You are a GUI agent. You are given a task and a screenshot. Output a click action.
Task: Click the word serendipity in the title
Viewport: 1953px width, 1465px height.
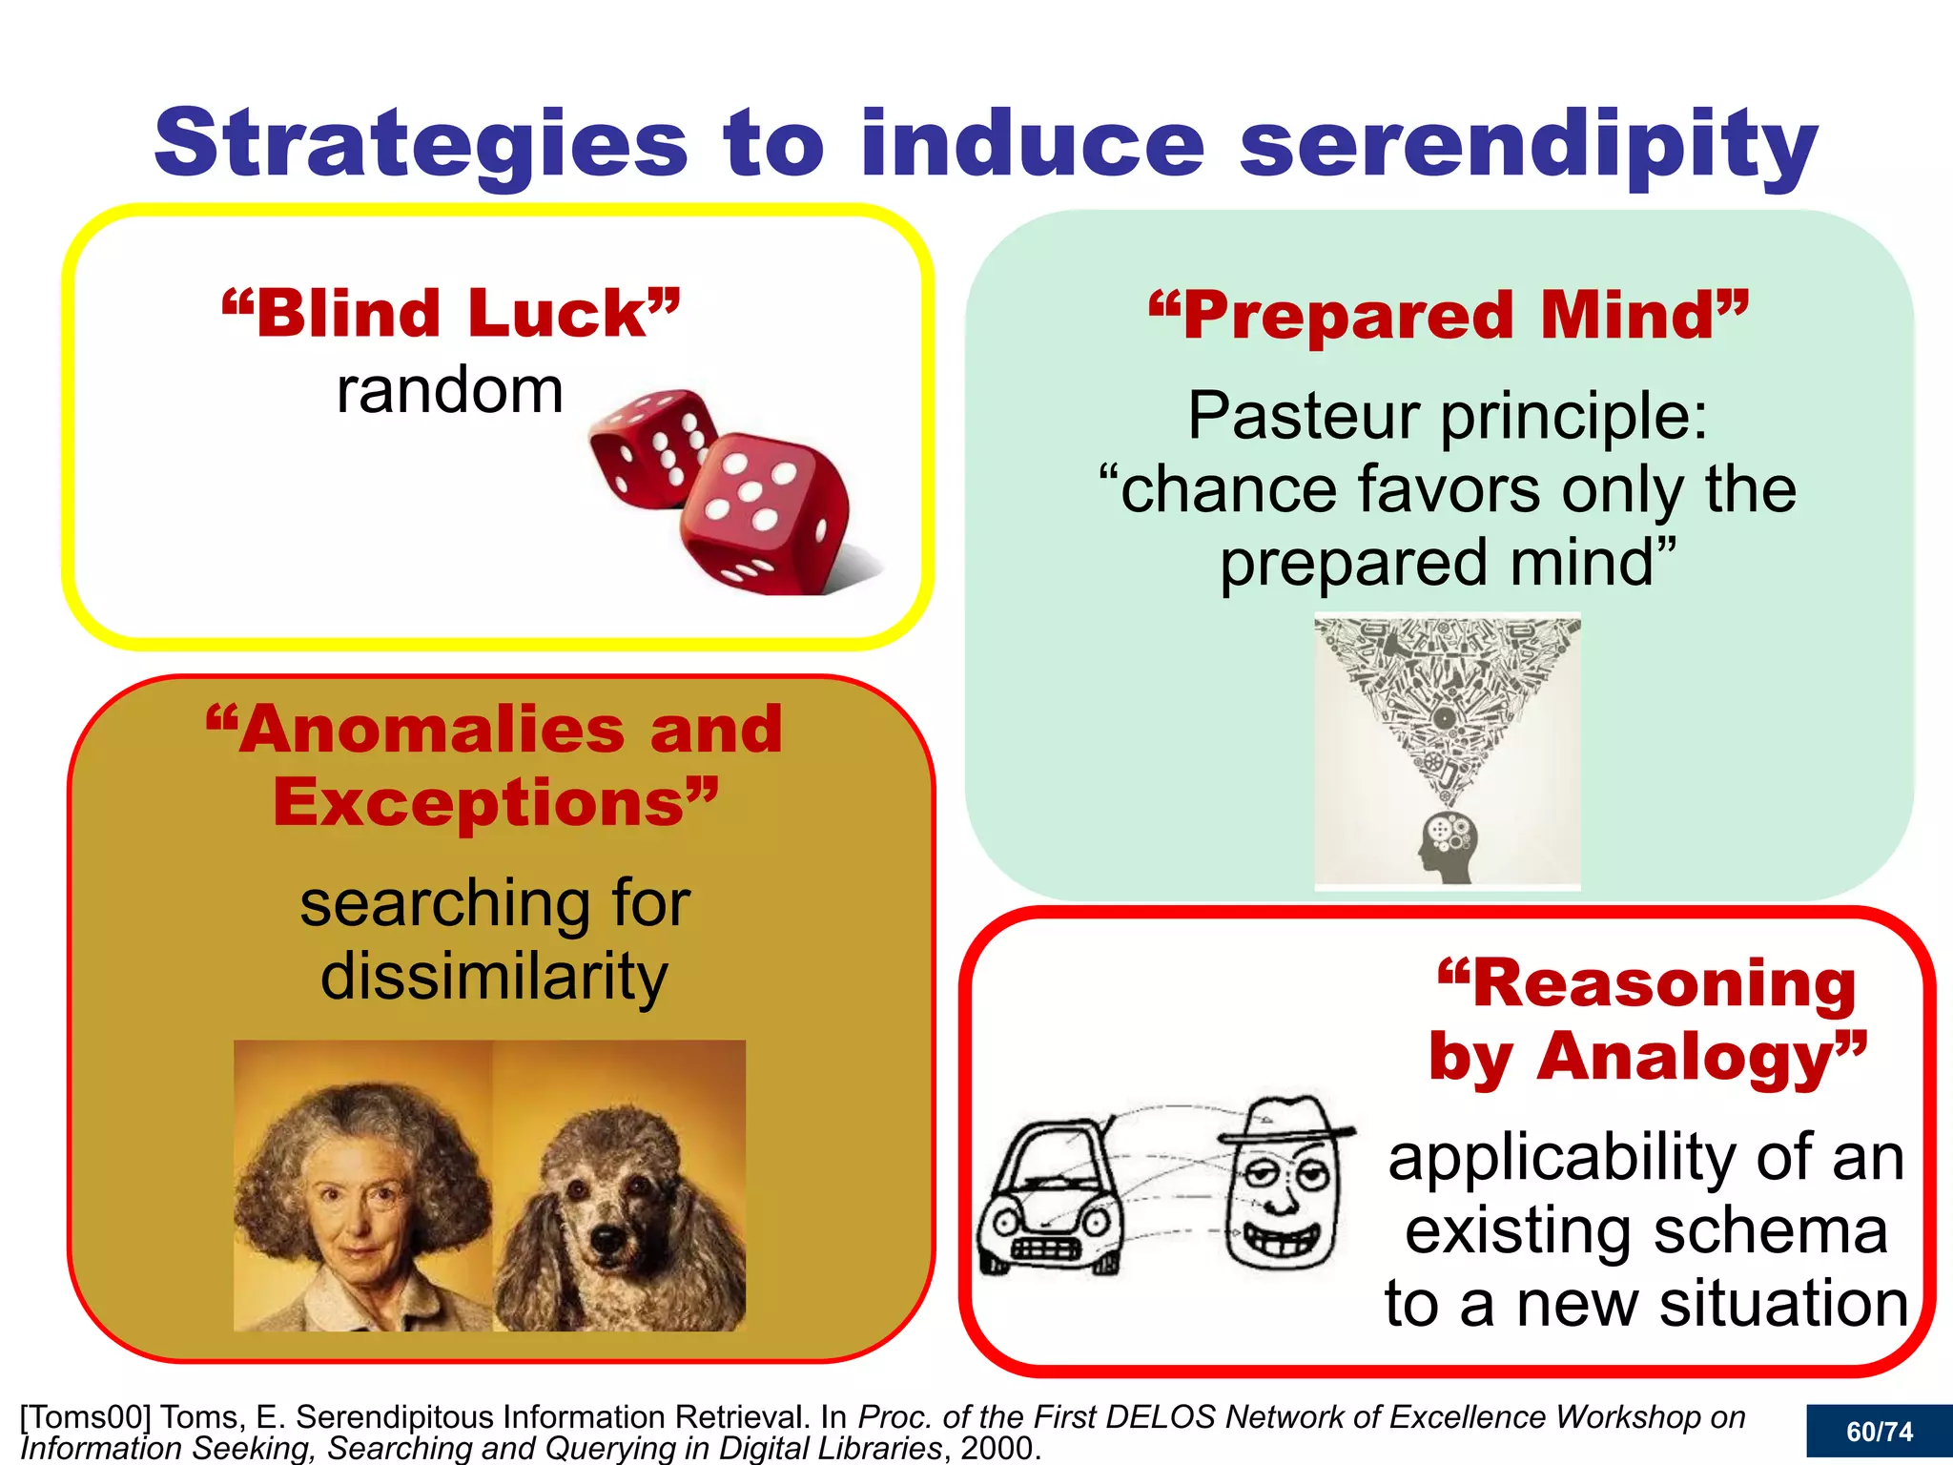click(x=1528, y=145)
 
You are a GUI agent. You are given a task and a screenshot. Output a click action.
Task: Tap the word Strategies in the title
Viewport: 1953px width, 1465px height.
click(x=421, y=145)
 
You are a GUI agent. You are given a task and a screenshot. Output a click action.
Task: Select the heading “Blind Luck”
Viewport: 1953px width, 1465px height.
click(x=451, y=314)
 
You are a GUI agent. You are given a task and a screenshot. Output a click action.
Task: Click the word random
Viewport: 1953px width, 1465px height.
click(x=450, y=391)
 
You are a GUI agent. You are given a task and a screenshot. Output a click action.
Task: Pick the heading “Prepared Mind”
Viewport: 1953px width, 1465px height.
click(x=1449, y=316)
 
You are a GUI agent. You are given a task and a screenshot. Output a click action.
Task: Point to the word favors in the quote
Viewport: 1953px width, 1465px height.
click(x=1449, y=490)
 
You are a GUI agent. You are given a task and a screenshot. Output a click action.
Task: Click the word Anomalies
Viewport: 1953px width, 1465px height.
click(x=427, y=730)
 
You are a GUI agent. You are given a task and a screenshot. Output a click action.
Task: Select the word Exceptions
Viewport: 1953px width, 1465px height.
click(x=480, y=803)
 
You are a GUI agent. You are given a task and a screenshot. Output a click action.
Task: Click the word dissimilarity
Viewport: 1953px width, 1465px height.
click(x=494, y=977)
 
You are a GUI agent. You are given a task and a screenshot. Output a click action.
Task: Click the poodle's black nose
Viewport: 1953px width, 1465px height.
click(x=607, y=1240)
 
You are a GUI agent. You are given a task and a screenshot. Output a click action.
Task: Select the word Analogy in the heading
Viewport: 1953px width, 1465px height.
click(x=1686, y=1058)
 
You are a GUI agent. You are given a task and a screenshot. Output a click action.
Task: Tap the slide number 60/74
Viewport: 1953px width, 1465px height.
click(x=1879, y=1432)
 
